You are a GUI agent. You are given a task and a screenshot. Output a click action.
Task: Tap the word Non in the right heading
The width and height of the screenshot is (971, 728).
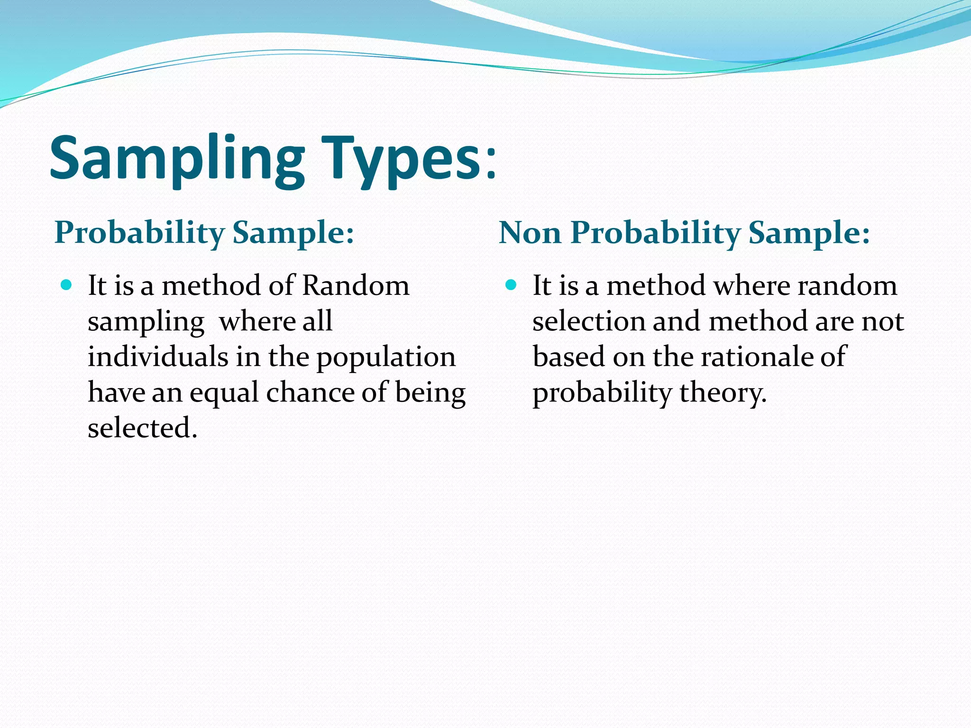pyautogui.click(x=530, y=233)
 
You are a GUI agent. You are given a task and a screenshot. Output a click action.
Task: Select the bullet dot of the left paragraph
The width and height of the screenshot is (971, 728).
pyautogui.click(x=66, y=285)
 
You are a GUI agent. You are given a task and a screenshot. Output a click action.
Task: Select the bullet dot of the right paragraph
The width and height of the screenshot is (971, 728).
pyautogui.click(x=511, y=285)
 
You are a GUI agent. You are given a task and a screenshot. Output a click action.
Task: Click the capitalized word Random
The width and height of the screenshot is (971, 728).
pyautogui.click(x=355, y=286)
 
